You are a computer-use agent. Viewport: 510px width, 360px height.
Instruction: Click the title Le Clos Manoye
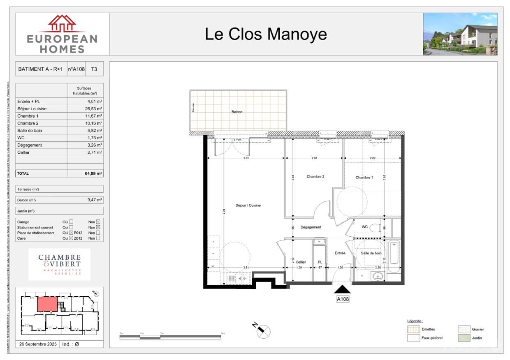point(266,34)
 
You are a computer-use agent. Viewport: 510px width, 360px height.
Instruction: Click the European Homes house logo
point(62,24)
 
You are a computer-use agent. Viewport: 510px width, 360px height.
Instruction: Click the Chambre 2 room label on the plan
point(315,177)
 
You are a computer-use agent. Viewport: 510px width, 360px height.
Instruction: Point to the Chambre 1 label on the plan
point(364,178)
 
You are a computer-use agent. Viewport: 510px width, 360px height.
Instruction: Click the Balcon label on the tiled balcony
point(237,112)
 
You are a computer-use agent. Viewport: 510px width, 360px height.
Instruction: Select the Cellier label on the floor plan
point(301,262)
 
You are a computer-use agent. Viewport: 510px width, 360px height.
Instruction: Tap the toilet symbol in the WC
point(375,227)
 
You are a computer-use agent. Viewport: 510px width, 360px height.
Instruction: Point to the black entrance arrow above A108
point(343,290)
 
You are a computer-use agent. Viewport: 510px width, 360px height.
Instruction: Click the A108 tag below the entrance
point(343,299)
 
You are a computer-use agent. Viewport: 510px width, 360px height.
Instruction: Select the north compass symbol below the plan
point(263,330)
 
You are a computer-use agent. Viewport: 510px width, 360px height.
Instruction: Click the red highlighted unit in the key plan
point(47,305)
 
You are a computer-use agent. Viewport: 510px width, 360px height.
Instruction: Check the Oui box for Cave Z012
point(71,238)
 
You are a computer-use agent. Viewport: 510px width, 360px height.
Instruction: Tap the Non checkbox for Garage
point(98,222)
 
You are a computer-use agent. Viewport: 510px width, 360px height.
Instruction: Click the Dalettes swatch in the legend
point(413,329)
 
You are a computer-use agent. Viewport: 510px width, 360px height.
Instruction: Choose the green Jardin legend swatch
point(464,338)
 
